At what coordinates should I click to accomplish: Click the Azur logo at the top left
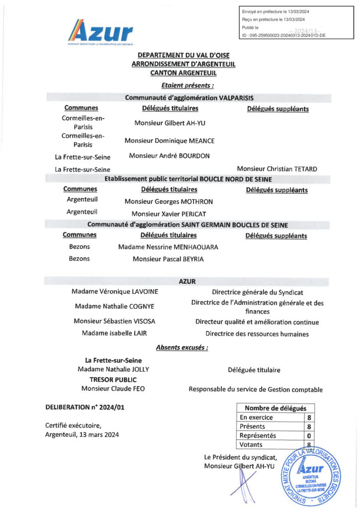100,33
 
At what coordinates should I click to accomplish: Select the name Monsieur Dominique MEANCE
169,141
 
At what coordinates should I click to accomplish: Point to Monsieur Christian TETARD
277,169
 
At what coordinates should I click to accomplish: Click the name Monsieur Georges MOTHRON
169,201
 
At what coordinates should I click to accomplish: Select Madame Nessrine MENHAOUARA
168,247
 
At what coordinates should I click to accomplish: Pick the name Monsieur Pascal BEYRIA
168,259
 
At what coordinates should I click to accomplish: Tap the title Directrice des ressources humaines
257,334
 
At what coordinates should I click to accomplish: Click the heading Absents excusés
182,347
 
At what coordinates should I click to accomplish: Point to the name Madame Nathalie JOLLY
113,369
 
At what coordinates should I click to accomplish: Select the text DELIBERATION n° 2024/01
78,407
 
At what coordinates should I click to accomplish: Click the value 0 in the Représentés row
309,435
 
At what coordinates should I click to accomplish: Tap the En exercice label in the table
256,418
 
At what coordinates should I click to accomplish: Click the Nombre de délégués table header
275,408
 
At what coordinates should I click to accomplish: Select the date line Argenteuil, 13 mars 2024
82,434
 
